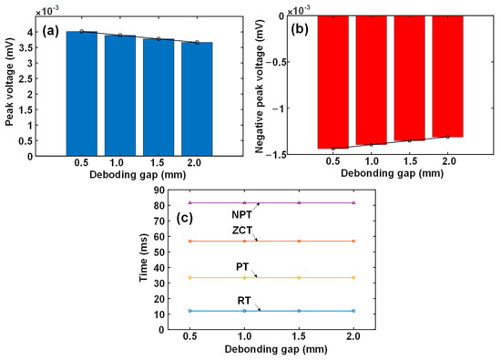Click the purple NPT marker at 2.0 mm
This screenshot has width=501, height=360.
[x=353, y=202]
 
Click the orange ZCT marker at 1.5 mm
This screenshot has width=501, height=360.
[x=299, y=241]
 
